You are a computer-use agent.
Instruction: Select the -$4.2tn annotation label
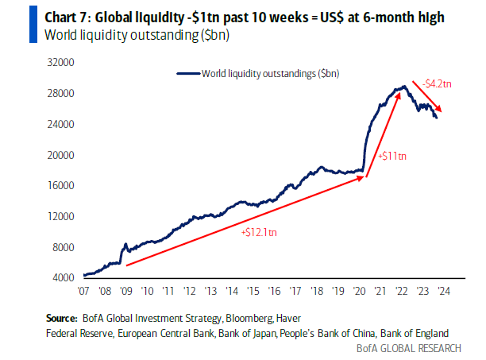[438, 83]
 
